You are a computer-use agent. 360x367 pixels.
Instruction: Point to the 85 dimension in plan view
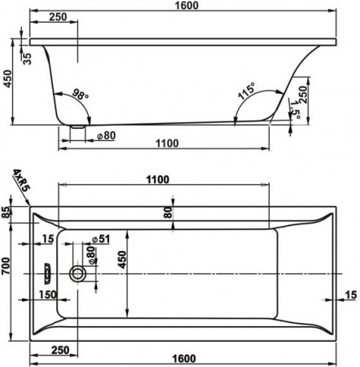[x=7, y=214]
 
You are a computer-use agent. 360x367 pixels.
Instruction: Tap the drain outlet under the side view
[x=78, y=126]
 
